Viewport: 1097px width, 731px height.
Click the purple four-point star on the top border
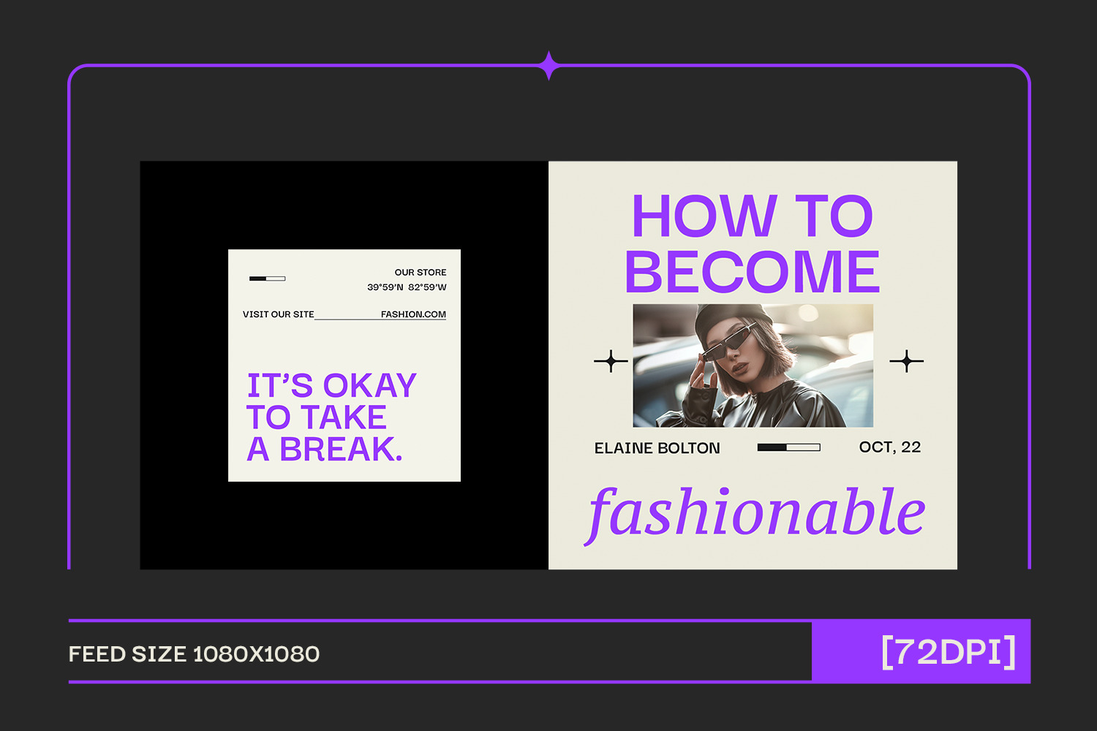pyautogui.click(x=549, y=65)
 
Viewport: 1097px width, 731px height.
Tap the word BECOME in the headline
pyautogui.click(x=753, y=272)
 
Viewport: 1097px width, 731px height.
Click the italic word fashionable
pyautogui.click(x=755, y=514)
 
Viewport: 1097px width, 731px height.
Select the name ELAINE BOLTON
pyautogui.click(x=657, y=448)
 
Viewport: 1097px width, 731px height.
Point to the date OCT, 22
pyautogui.click(x=890, y=447)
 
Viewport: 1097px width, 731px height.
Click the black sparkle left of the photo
pyautogui.click(x=611, y=361)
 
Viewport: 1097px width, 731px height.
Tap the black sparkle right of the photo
pyautogui.click(x=907, y=361)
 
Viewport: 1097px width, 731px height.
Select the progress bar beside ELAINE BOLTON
pyautogui.click(x=789, y=447)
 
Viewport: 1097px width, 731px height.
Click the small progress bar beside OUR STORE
pyautogui.click(x=268, y=279)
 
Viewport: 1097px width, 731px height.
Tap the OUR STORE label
pyautogui.click(x=421, y=272)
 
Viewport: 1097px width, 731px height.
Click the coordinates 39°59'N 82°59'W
pyautogui.click(x=407, y=287)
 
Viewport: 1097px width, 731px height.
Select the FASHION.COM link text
pyautogui.click(x=413, y=314)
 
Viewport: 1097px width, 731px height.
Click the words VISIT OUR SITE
pyautogui.click(x=278, y=314)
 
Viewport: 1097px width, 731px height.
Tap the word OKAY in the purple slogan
pyautogui.click(x=370, y=385)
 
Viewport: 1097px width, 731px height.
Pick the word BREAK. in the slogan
pyautogui.click(x=341, y=449)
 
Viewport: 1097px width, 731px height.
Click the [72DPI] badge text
pyautogui.click(x=948, y=651)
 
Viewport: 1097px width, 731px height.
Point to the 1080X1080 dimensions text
pyautogui.click(x=256, y=654)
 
